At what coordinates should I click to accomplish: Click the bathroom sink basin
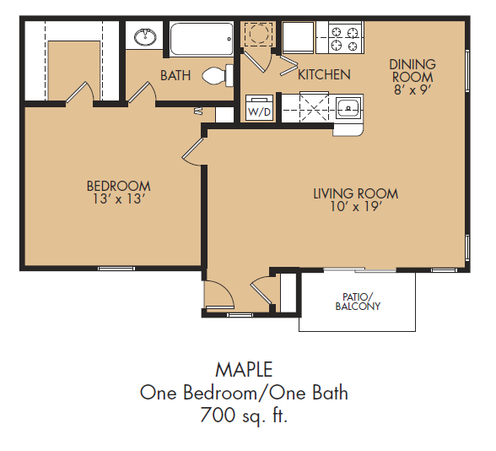(145, 37)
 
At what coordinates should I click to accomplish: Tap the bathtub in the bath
(202, 39)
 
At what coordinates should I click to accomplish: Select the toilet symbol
(218, 75)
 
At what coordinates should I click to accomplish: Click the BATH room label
(175, 75)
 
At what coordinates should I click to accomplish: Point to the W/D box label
(260, 111)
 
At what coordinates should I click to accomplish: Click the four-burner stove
(345, 37)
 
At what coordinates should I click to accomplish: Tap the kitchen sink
(348, 108)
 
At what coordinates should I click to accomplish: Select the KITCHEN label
(324, 74)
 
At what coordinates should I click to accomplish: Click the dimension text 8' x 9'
(412, 90)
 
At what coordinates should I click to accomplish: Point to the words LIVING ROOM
(356, 193)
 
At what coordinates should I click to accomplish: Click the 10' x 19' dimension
(356, 206)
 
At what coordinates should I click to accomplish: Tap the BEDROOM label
(119, 186)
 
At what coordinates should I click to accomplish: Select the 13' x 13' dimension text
(119, 199)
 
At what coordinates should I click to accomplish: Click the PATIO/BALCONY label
(358, 302)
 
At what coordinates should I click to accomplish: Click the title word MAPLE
(244, 370)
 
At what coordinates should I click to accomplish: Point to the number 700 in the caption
(218, 415)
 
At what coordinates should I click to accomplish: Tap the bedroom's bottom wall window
(116, 269)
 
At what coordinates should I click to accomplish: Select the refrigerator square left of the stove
(298, 37)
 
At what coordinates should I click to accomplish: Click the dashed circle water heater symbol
(259, 33)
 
